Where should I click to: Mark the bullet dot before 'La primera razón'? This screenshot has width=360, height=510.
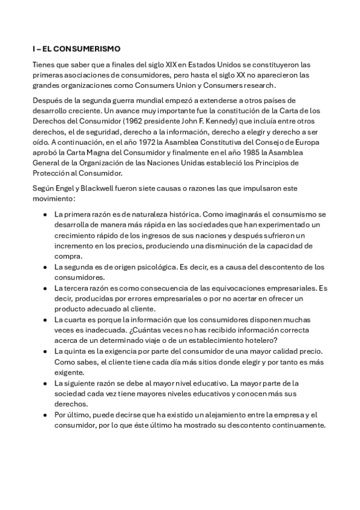click(44, 214)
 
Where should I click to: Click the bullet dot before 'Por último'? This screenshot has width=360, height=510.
click(44, 415)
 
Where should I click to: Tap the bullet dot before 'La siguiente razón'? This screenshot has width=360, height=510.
click(44, 382)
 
